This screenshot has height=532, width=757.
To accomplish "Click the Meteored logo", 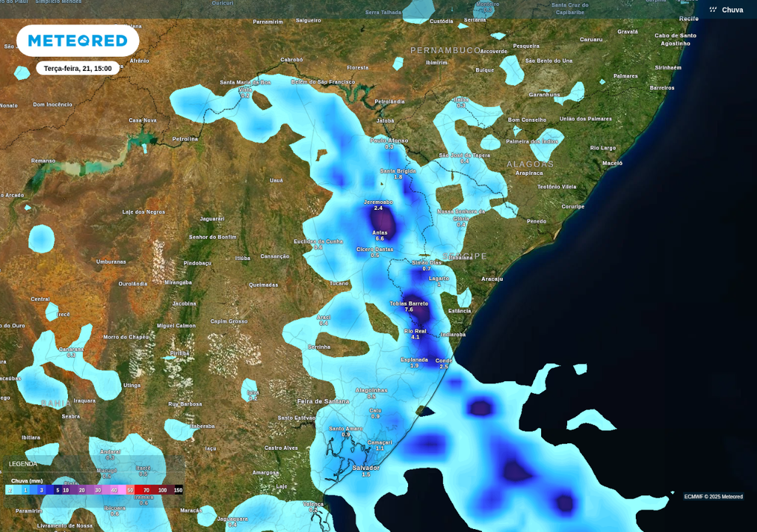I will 78,41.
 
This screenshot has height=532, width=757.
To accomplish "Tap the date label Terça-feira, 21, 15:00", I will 78,69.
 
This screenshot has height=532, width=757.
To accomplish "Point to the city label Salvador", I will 366,468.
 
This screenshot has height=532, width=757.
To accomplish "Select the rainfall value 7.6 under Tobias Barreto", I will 409,310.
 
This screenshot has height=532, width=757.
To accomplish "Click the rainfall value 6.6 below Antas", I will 380,239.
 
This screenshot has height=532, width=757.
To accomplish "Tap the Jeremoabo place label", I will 378,202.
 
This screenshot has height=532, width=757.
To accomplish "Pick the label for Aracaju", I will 492,279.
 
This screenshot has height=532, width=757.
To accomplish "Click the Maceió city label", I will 612,163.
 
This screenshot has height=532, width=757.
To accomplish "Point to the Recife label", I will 688,18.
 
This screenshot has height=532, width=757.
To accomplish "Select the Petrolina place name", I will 185,138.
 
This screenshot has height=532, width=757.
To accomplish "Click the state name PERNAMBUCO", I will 445,50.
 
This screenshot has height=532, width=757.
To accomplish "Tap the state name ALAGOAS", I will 530,164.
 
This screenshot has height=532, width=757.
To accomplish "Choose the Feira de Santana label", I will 323,400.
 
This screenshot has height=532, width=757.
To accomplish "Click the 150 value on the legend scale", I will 177,490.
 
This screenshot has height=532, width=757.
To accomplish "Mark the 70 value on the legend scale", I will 146,490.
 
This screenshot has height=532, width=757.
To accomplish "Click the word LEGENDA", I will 23,464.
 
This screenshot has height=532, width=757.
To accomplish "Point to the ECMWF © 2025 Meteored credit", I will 713,497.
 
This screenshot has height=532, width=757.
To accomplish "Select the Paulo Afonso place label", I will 389,140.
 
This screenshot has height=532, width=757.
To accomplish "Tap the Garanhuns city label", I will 544,95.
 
